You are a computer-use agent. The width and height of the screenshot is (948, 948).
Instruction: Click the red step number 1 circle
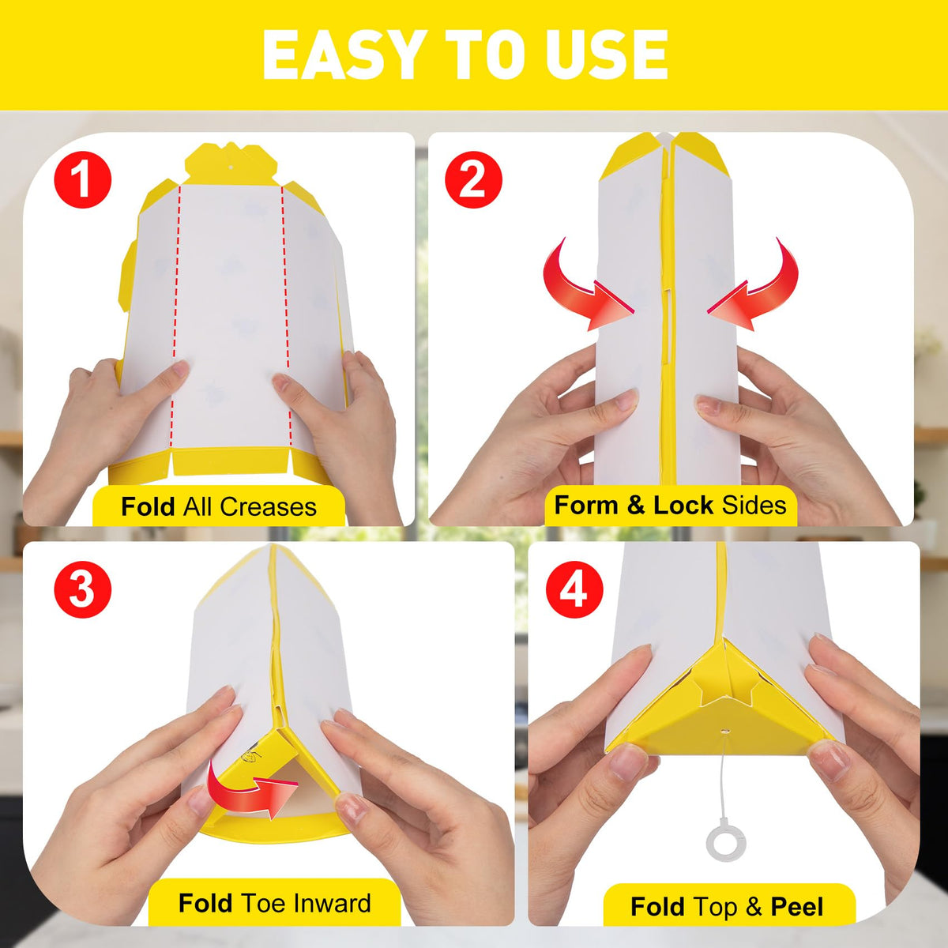coord(83,180)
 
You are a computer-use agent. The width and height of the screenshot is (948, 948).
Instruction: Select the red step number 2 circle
coord(473,180)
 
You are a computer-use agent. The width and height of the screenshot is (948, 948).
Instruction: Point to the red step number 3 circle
coord(83,589)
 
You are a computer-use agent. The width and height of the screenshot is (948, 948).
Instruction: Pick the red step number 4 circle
coord(574,589)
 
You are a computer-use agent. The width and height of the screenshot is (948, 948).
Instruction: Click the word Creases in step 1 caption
coord(268,506)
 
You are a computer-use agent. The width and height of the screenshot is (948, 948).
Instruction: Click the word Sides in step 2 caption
coord(754,506)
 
